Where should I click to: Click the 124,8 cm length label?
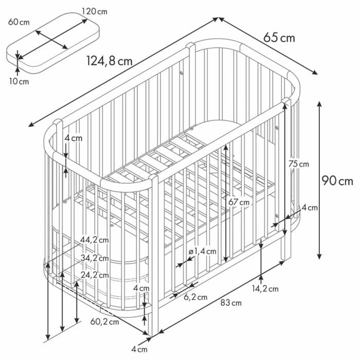[x=110, y=61]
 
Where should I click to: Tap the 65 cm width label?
[x=279, y=38]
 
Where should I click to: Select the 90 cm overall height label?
[x=337, y=181]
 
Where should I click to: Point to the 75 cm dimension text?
[x=299, y=164]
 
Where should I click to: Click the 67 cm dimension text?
[x=239, y=202]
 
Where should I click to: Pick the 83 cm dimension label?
[x=231, y=303]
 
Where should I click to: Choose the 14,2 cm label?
[x=265, y=289]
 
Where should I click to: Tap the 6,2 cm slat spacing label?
[x=195, y=297]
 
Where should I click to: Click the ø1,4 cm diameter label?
[x=202, y=251]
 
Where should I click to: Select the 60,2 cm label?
[x=105, y=321]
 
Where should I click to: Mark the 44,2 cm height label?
[x=94, y=240]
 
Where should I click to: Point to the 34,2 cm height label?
[x=94, y=258]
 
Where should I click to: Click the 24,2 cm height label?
[x=95, y=275]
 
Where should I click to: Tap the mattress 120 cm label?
[x=95, y=11]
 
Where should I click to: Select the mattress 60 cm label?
[x=19, y=22]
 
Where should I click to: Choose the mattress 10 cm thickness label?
[x=19, y=81]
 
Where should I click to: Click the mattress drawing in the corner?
[x=53, y=43]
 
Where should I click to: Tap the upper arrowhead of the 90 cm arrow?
[x=319, y=104]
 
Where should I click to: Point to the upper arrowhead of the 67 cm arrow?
[x=226, y=148]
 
